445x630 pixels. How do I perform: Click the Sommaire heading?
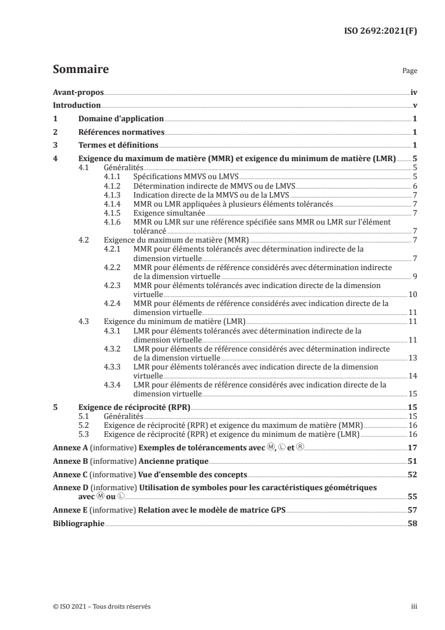point(80,70)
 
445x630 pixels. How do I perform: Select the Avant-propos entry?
point(78,92)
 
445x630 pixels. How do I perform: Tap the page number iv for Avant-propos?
point(414,92)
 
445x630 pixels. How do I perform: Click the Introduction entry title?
point(77,105)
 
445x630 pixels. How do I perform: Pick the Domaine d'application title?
point(121,118)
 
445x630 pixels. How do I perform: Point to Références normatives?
point(121,132)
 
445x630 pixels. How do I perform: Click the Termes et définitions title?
point(118,145)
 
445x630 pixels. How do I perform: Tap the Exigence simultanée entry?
point(169,213)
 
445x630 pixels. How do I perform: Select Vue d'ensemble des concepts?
point(193,474)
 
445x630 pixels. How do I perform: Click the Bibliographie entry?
point(79,523)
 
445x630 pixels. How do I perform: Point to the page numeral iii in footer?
point(414,606)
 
